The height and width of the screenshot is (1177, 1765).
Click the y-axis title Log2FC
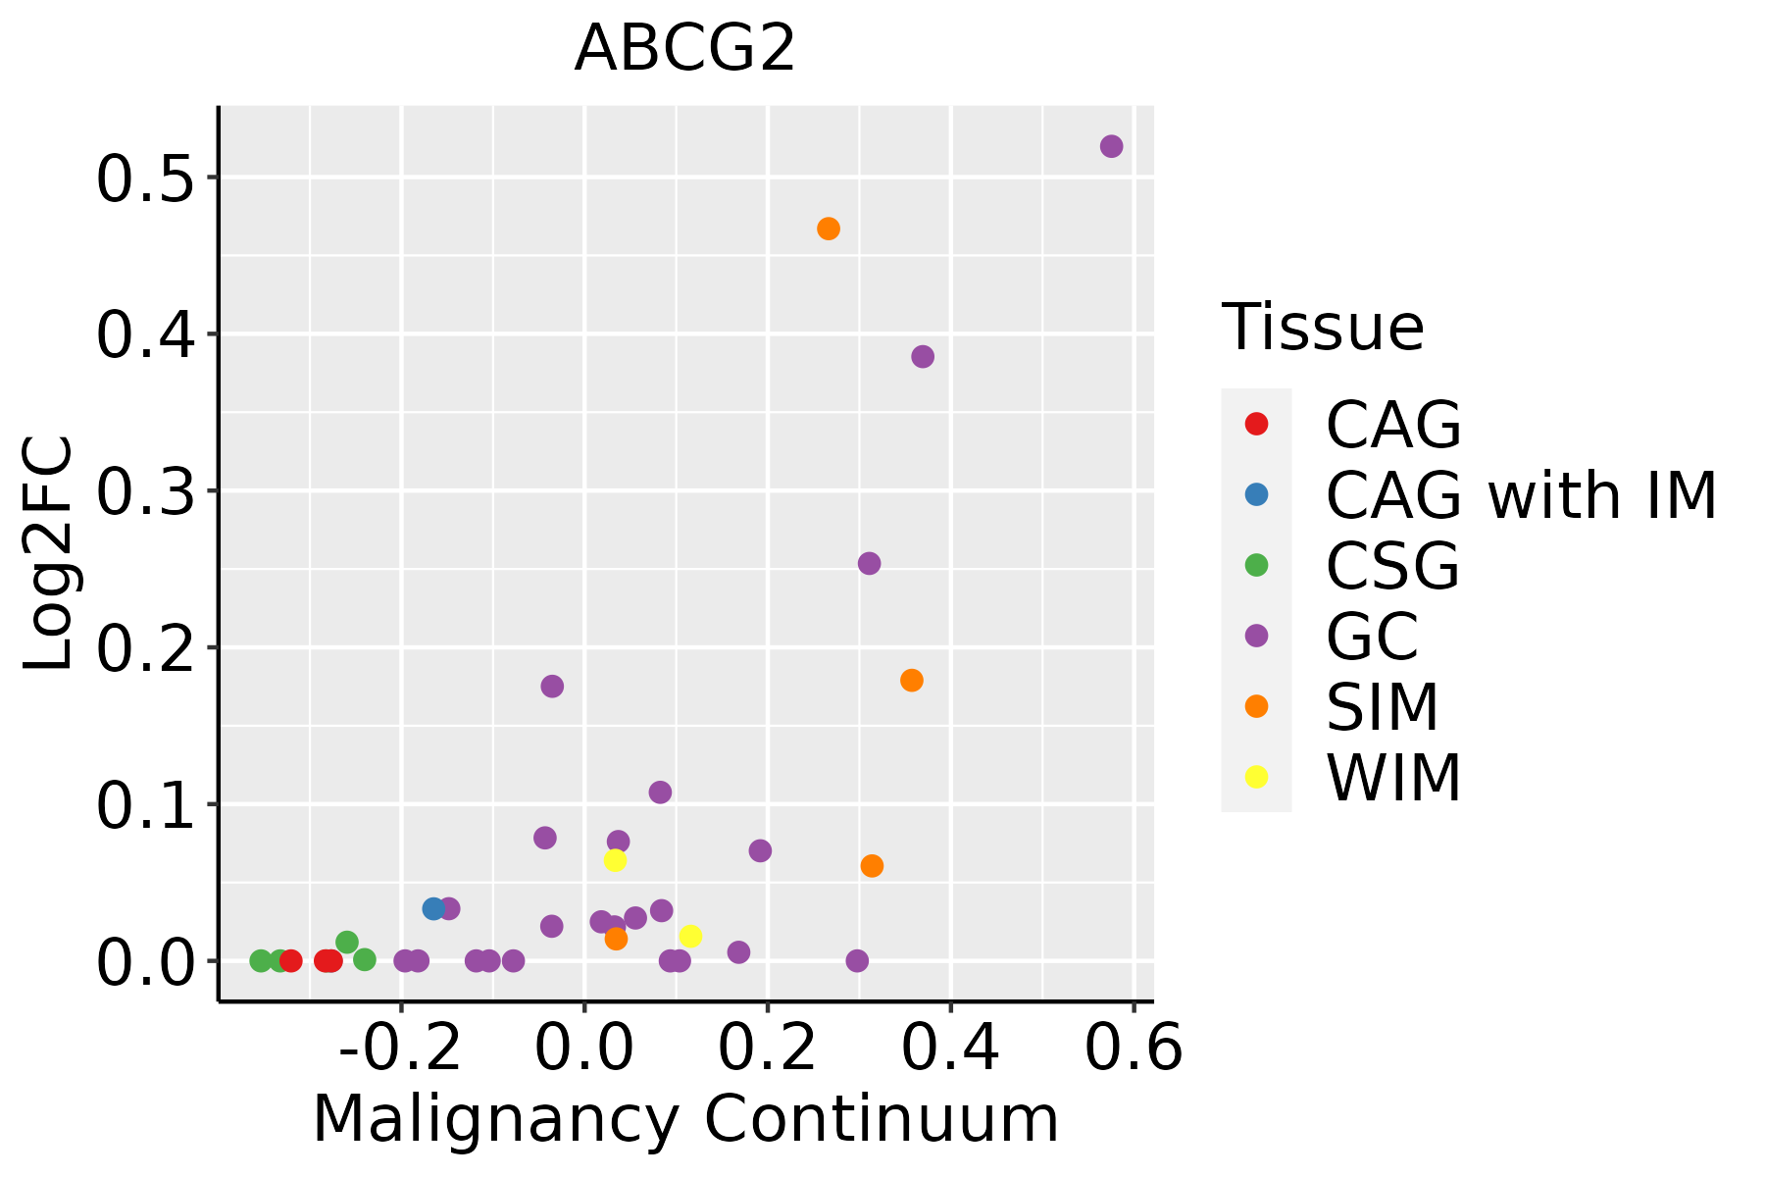pos(49,554)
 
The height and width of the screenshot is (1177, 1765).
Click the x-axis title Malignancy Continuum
pos(684,1119)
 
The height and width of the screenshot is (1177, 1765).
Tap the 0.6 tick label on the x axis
pos(1134,1049)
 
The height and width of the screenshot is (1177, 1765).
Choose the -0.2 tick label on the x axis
pos(400,1049)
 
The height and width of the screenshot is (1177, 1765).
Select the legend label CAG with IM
pos(1521,495)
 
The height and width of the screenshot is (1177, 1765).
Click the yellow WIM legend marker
pos(1256,777)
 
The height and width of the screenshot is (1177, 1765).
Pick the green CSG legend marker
pos(1256,565)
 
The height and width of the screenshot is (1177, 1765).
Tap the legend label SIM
pos(1382,707)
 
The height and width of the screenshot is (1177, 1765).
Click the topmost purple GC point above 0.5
pos(1111,146)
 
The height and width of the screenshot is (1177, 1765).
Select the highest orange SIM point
pos(829,229)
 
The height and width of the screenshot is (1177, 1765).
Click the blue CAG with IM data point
pos(433,909)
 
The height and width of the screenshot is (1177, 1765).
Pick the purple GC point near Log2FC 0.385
pos(923,356)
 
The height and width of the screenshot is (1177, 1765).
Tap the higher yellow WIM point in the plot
pos(615,860)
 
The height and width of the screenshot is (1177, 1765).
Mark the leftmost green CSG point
pos(261,960)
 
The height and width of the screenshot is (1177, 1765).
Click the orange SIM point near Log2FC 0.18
pos(912,680)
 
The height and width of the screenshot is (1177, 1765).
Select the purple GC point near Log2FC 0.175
pos(552,686)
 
